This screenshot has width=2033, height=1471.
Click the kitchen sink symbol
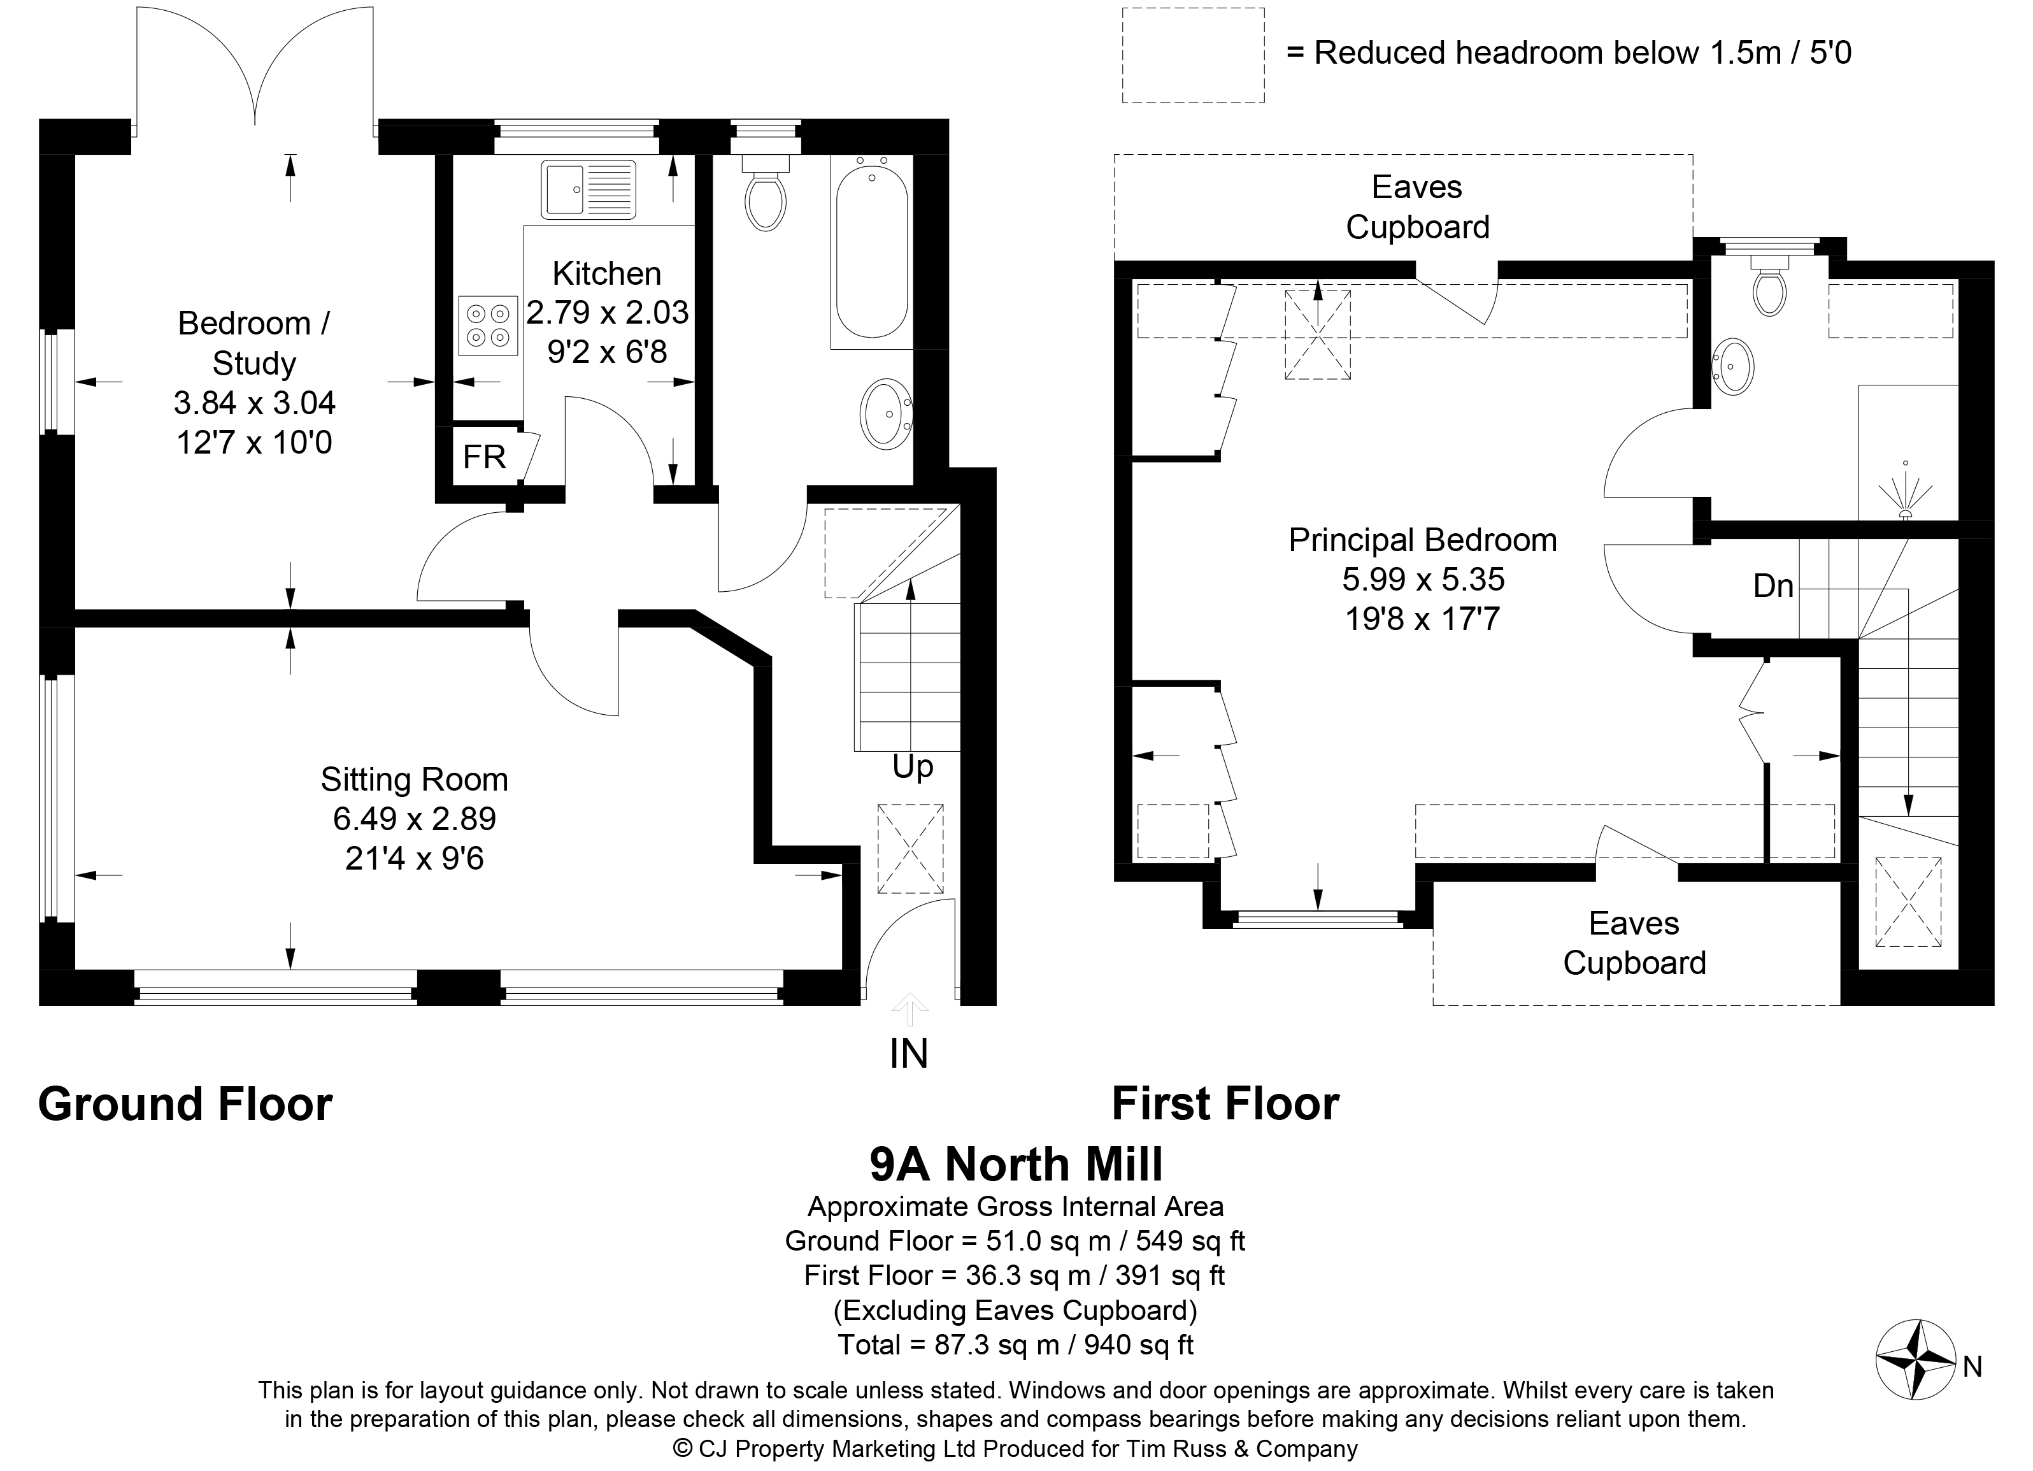pos(588,189)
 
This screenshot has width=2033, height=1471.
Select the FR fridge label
pos(484,457)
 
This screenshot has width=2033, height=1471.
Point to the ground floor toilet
pos(766,193)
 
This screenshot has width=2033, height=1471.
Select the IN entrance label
pos(909,1054)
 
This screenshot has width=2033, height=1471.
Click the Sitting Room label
pos(414,780)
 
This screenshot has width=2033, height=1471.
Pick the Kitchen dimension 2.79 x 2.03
pos(608,312)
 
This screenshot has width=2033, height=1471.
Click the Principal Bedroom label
pos(1423,540)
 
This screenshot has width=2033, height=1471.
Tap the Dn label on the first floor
pos(1773,586)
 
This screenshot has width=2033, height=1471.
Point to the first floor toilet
pos(1769,285)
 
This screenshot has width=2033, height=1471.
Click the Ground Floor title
pos(185,1105)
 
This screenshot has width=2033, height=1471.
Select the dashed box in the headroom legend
pos(1193,55)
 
